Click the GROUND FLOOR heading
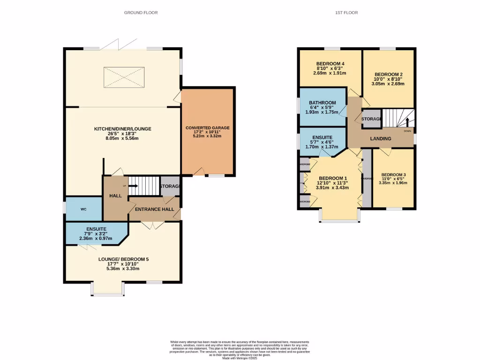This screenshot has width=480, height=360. point(141,13)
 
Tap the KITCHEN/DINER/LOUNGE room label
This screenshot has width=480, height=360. point(123,129)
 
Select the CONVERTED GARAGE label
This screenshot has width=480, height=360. point(207,127)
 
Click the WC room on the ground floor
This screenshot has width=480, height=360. point(83,209)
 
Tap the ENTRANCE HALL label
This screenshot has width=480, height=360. point(154,209)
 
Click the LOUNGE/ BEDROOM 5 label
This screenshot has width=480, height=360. point(123,259)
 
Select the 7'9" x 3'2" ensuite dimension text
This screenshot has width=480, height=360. point(96,233)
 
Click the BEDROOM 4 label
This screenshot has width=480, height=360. point(330,64)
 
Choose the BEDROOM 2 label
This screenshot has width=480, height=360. point(389,74)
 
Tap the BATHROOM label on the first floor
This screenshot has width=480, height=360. point(322,103)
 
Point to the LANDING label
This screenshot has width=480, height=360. point(380,139)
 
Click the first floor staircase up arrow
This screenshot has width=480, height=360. point(407,122)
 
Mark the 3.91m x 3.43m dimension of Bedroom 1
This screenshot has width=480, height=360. point(332,187)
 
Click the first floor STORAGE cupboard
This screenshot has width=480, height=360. point(371,119)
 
